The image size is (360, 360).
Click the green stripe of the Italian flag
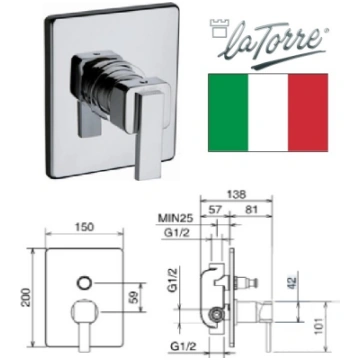pyautogui.click(x=228, y=113)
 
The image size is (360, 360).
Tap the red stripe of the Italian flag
pyautogui.click(x=308, y=113)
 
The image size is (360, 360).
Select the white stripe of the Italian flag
pyautogui.click(x=268, y=113)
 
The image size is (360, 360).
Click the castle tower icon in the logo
pyautogui.click(x=218, y=29)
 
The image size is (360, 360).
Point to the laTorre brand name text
pyautogui.click(x=272, y=42)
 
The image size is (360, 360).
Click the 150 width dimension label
pyautogui.click(x=84, y=227)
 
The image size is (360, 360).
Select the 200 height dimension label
pyautogui.click(x=27, y=298)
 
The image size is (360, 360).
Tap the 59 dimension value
pyautogui.click(x=134, y=297)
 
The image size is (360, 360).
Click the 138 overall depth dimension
pyautogui.click(x=236, y=194)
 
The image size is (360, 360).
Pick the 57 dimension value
pyautogui.click(x=216, y=210)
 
